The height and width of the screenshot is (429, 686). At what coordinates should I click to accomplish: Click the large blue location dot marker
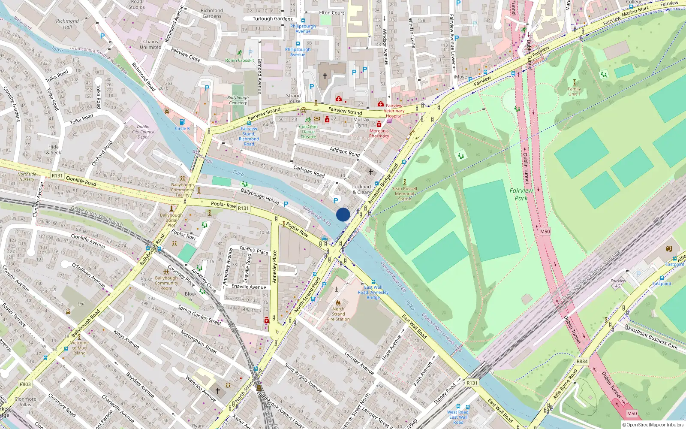coord(343,214)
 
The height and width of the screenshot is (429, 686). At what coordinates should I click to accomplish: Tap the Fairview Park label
coord(521,194)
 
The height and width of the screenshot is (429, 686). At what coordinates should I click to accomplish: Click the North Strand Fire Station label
coord(338,314)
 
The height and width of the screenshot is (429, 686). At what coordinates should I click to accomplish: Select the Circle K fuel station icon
coord(182,122)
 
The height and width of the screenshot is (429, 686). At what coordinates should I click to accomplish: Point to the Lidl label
coord(81,304)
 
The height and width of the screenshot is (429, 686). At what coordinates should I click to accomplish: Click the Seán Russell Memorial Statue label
coord(404,194)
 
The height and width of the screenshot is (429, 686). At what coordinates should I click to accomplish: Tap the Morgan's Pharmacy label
coord(379,133)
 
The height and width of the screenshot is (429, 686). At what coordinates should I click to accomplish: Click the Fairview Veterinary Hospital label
coord(394,111)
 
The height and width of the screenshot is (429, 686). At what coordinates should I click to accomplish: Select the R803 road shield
coord(25,384)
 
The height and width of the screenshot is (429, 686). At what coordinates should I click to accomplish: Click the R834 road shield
coord(582,361)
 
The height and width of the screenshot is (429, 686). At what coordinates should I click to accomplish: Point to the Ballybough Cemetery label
coord(238,100)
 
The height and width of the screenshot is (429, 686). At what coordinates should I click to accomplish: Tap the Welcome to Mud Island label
coord(79,348)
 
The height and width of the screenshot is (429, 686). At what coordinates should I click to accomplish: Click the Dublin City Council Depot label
coord(143,132)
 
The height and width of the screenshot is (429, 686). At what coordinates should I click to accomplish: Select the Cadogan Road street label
coord(309,171)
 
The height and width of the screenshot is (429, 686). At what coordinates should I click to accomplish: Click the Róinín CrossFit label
coord(240,60)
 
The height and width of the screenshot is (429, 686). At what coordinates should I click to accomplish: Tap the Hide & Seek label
coord(54,150)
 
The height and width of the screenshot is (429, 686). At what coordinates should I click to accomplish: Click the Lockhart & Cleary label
coord(362,189)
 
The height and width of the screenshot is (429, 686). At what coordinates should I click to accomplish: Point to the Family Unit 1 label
coord(574,91)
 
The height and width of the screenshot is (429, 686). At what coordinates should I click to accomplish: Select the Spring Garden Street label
coord(199,315)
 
